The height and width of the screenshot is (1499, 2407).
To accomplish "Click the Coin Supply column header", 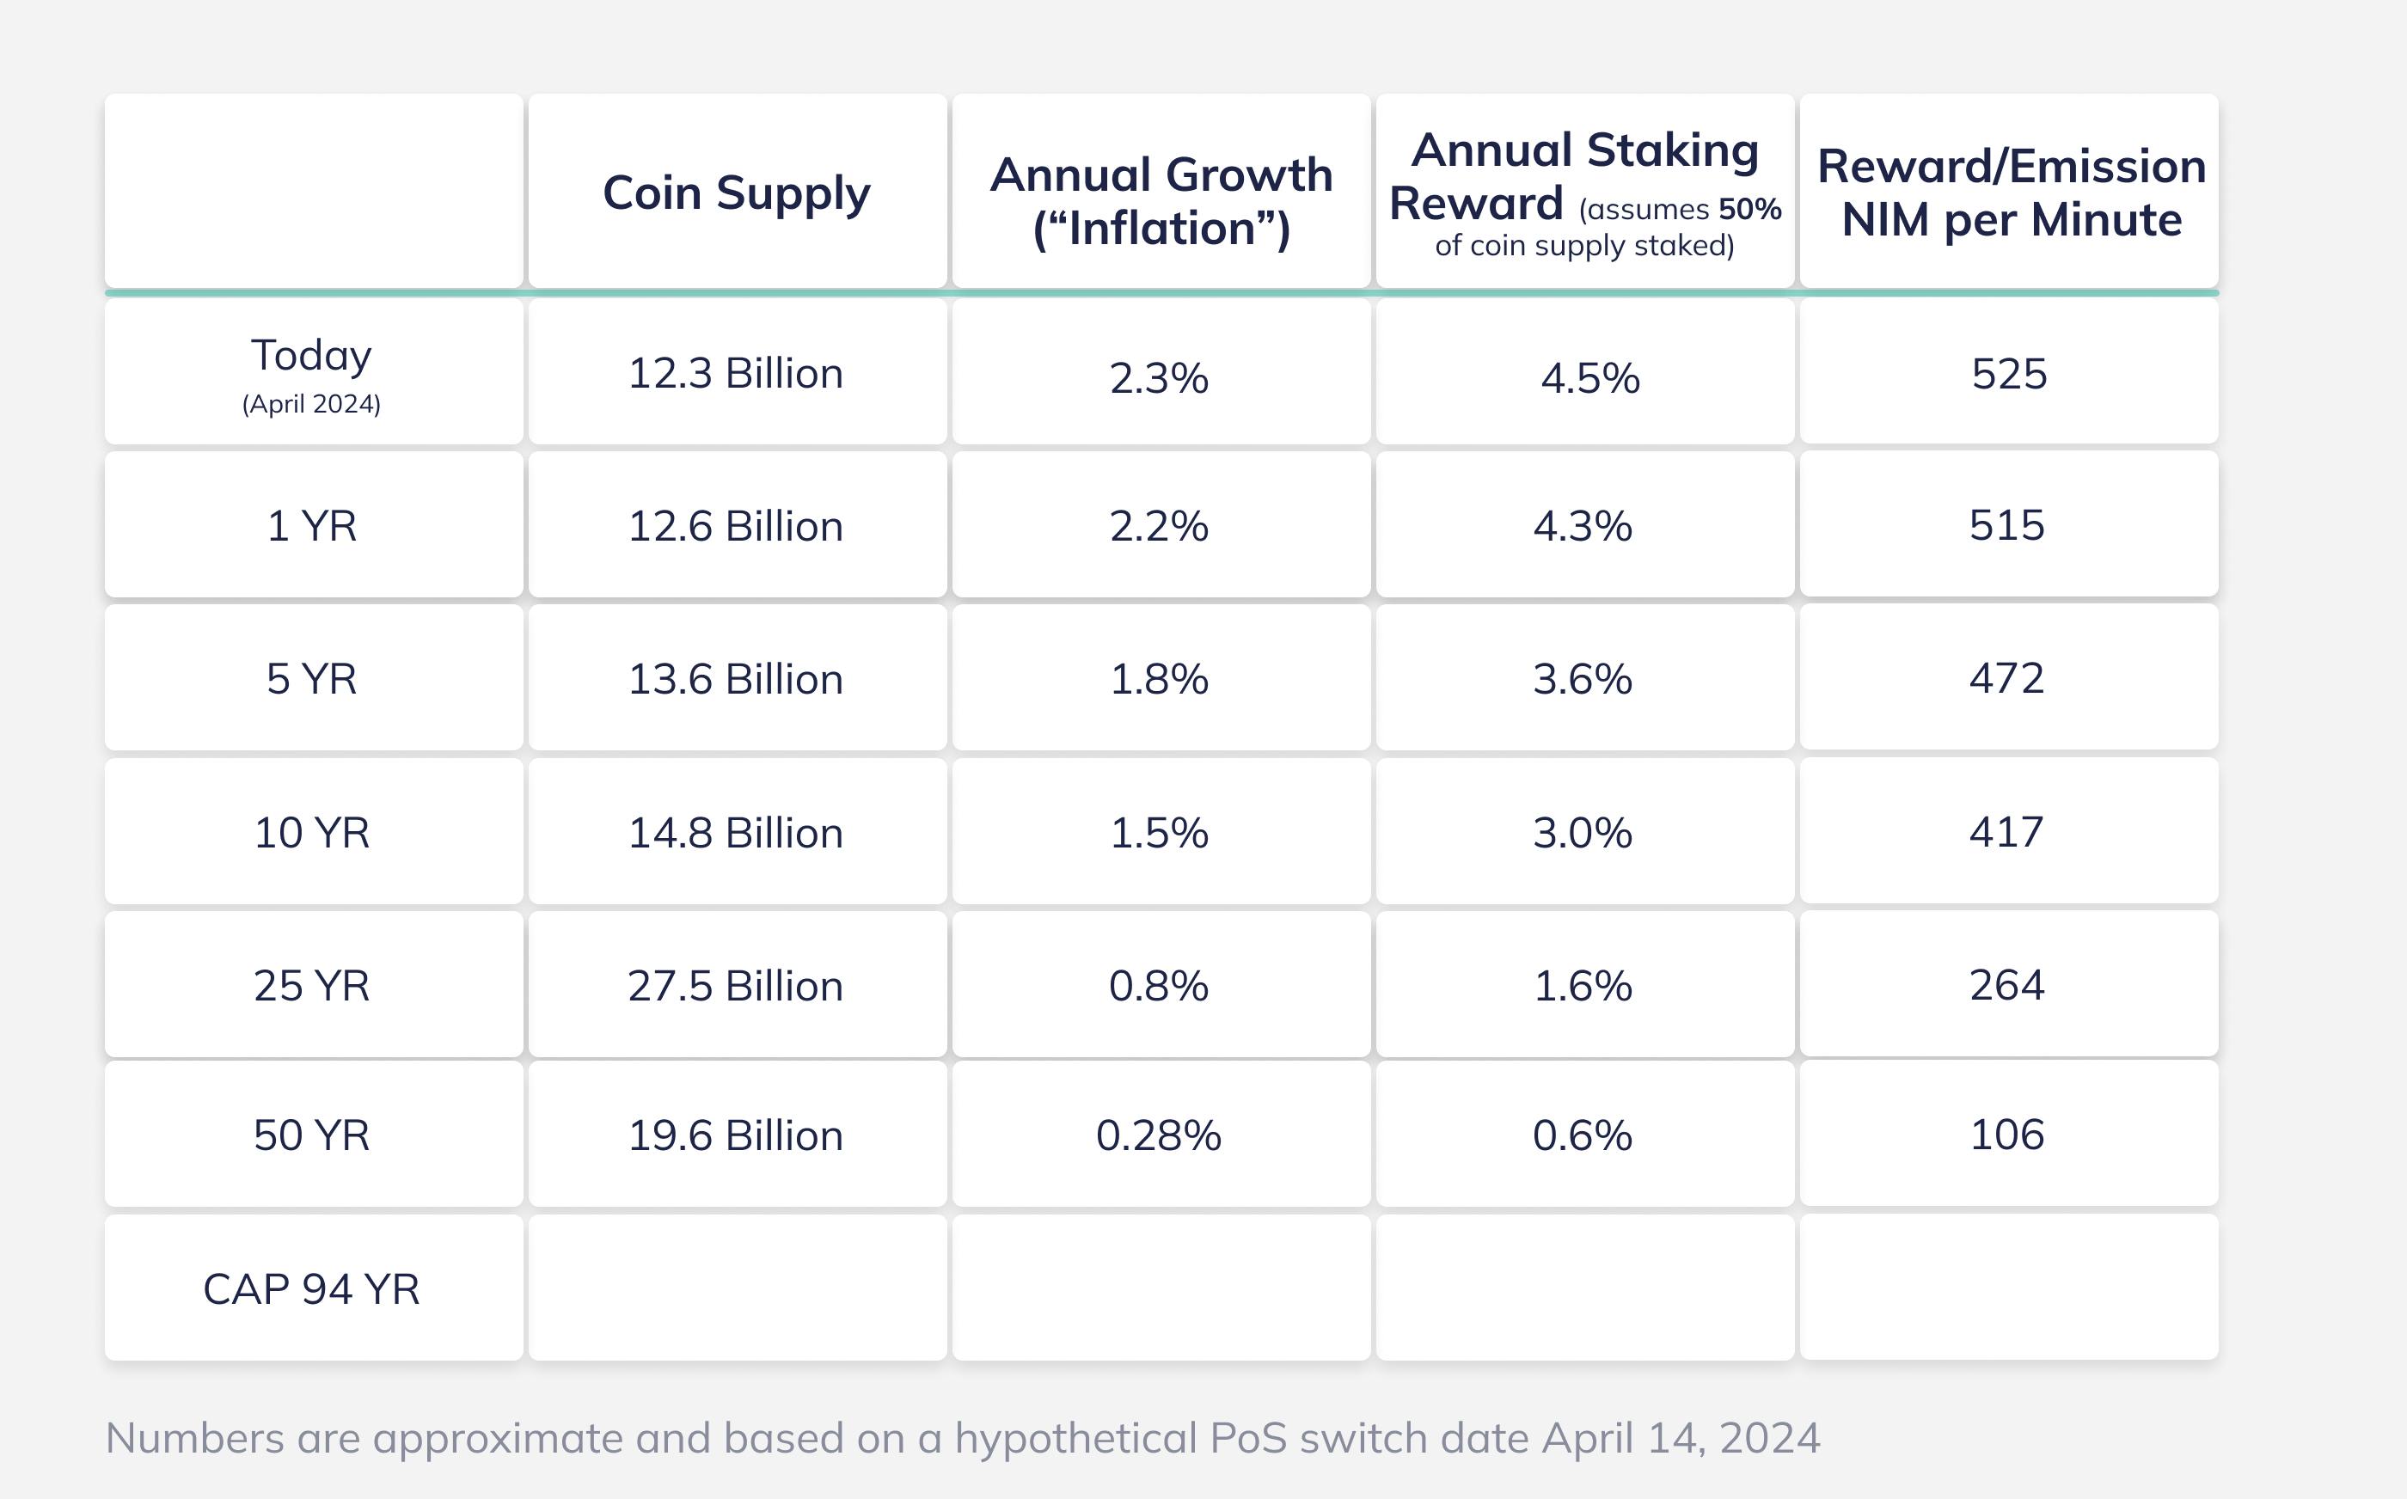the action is pyautogui.click(x=737, y=193).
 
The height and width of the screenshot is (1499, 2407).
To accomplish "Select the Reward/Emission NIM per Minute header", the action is pyautogui.click(x=2012, y=193).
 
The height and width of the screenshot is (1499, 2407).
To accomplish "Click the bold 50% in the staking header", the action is pyautogui.click(x=1749, y=209).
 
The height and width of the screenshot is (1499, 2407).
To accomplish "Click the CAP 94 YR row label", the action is pyautogui.click(x=311, y=1288).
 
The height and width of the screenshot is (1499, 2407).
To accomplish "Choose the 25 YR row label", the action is pyautogui.click(x=311, y=986).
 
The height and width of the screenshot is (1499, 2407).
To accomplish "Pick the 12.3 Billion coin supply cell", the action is pyautogui.click(x=736, y=374).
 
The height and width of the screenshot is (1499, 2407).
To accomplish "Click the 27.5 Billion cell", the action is pyautogui.click(x=736, y=987).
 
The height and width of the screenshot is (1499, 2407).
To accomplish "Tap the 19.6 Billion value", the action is pyautogui.click(x=736, y=1135).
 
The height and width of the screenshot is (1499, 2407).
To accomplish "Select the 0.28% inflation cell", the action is pyautogui.click(x=1159, y=1135).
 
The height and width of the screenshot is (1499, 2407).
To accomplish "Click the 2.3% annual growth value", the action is pyautogui.click(x=1159, y=377).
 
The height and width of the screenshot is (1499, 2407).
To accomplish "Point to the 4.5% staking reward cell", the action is pyautogui.click(x=1590, y=377).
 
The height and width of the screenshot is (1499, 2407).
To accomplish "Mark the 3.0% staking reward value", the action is pyautogui.click(x=1583, y=833).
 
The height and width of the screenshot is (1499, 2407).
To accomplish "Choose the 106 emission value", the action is pyautogui.click(x=2007, y=1135).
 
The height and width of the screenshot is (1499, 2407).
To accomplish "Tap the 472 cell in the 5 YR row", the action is pyautogui.click(x=2006, y=678).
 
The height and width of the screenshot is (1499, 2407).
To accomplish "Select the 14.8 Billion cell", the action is pyautogui.click(x=736, y=833).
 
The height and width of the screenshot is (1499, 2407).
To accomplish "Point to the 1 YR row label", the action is pyautogui.click(x=311, y=525).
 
